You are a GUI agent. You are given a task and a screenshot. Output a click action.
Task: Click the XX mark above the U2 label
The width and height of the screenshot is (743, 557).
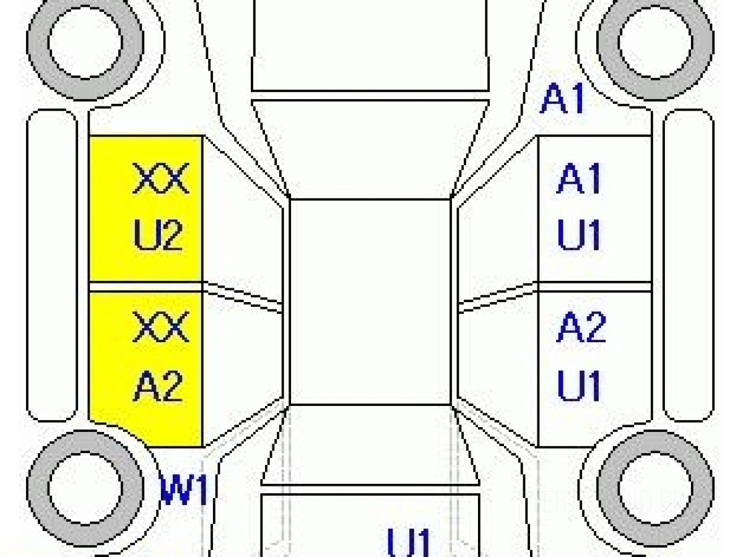(x=161, y=178)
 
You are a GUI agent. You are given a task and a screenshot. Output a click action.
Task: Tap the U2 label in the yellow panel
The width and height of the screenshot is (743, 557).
(x=158, y=235)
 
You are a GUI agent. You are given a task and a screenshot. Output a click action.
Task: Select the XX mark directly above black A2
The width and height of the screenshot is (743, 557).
(x=161, y=327)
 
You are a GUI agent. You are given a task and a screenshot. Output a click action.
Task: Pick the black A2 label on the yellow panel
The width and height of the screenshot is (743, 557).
(x=158, y=386)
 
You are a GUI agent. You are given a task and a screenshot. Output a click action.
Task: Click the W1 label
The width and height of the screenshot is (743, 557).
(x=185, y=490)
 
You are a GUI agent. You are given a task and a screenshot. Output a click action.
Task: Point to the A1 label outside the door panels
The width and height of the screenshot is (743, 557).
(x=562, y=98)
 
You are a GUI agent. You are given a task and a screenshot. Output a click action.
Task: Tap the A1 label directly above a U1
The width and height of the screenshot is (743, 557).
(x=579, y=178)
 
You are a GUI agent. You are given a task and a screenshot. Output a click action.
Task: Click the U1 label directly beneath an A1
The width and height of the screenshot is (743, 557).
(x=579, y=235)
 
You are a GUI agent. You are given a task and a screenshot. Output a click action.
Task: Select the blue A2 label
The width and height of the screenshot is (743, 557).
(x=581, y=327)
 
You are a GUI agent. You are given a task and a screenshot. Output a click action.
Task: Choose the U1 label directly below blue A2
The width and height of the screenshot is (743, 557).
(x=579, y=386)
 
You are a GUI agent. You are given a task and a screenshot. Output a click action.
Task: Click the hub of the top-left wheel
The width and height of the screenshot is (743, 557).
(x=85, y=41)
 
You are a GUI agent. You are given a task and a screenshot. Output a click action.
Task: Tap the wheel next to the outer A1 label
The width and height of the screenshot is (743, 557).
(x=655, y=41)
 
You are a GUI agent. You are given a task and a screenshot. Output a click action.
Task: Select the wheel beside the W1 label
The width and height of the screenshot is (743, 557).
(x=85, y=488)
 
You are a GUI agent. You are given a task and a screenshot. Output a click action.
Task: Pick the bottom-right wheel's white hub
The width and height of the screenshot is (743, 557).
(x=655, y=488)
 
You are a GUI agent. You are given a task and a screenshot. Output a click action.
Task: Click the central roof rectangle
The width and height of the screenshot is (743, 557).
(x=370, y=302)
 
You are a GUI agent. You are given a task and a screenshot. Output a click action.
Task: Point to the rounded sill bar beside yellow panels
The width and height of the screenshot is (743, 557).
(x=52, y=265)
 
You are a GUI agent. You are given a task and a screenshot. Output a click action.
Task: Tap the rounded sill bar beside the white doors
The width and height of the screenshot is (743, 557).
(x=689, y=265)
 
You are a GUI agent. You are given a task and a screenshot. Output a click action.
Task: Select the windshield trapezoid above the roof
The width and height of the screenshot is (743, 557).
(x=370, y=149)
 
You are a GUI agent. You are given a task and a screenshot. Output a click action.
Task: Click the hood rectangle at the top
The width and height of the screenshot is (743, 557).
(x=370, y=46)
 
